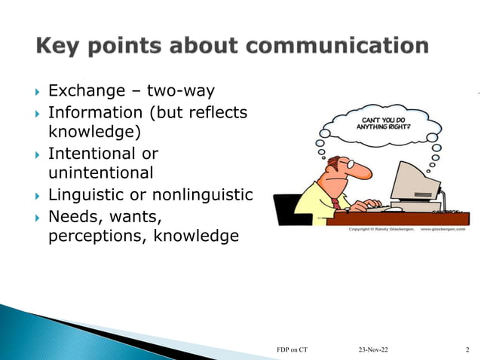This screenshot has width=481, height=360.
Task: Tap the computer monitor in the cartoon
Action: (x=419, y=181)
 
